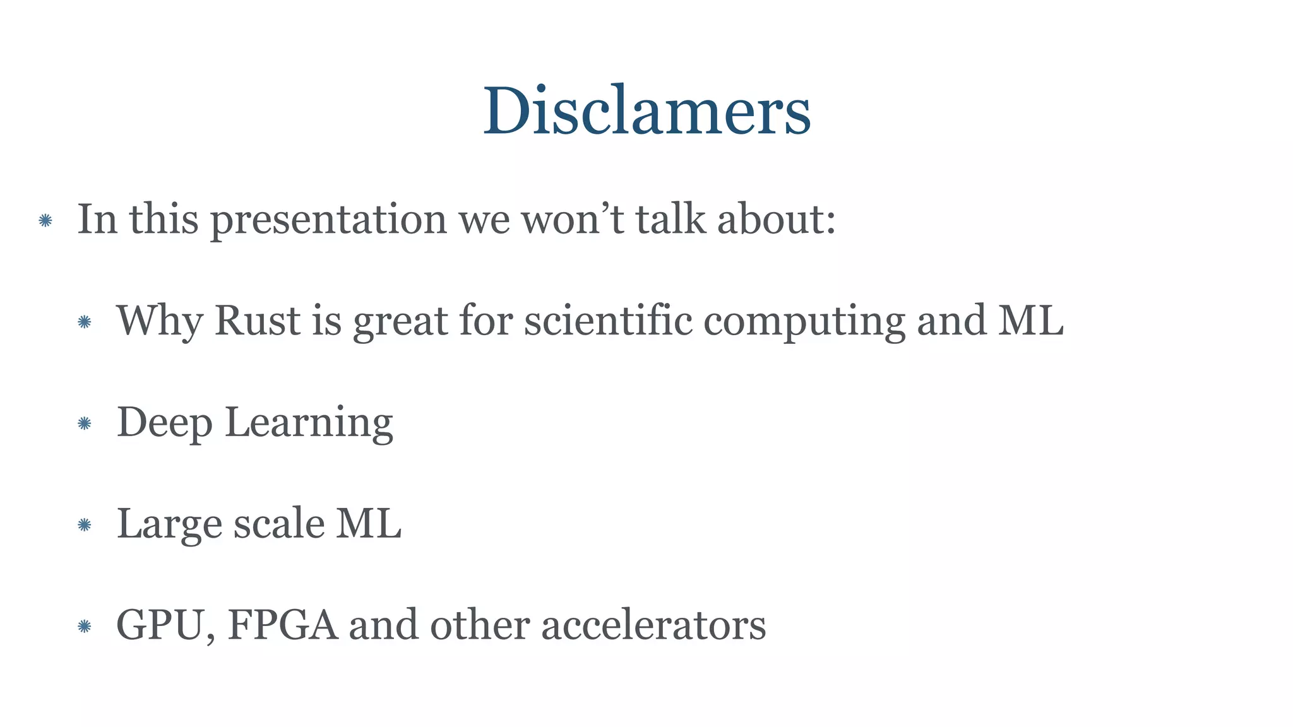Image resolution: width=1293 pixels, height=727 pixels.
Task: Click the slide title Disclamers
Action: click(x=646, y=111)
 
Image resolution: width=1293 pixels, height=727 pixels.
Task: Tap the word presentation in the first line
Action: click(x=328, y=220)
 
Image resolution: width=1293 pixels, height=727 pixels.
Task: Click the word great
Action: click(x=400, y=322)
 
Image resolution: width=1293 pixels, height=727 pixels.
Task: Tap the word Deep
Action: click(x=164, y=423)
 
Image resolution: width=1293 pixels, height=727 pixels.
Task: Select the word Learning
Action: click(x=309, y=423)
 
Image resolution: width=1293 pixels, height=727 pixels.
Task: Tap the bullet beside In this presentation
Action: click(x=45, y=220)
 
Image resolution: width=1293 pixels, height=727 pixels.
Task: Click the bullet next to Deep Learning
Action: click(x=85, y=423)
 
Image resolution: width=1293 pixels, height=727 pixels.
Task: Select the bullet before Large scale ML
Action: click(x=85, y=524)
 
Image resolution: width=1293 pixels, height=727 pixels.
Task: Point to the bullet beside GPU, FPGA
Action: click(x=85, y=626)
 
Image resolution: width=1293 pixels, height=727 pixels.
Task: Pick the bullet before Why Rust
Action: click(x=85, y=322)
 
